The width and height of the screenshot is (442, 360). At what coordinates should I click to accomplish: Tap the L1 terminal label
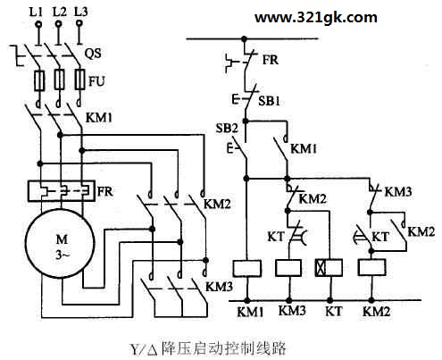(37, 12)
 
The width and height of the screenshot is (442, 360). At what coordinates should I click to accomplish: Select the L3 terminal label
(81, 12)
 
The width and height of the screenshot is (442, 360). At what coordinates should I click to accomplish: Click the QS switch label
(93, 54)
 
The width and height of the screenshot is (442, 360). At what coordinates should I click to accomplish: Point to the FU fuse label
(96, 81)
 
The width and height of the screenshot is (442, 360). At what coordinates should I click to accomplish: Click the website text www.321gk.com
(316, 18)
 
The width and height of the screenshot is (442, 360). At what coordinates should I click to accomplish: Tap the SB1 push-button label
(269, 101)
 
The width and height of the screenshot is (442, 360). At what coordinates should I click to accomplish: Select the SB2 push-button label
(227, 129)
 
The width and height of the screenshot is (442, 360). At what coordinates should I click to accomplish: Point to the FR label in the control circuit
(271, 60)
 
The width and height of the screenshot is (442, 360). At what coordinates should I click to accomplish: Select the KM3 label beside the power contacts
(219, 287)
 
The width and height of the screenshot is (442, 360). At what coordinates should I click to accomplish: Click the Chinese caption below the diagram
(208, 348)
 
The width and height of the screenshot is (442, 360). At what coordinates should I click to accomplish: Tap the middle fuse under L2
(59, 80)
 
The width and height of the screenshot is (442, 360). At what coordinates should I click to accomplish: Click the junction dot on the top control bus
(245, 38)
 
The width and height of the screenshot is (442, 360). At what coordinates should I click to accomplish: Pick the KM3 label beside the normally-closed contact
(398, 192)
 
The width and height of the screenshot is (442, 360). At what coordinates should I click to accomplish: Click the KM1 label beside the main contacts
(99, 118)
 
